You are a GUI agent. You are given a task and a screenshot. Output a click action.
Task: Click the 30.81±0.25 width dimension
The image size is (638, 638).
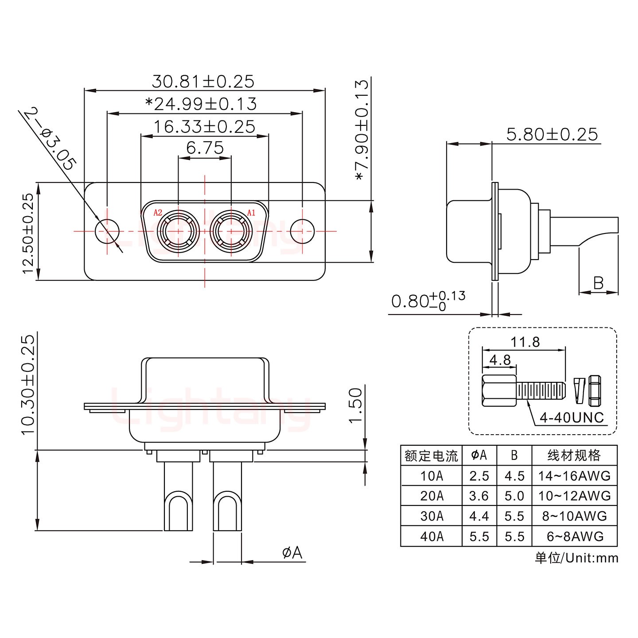203,82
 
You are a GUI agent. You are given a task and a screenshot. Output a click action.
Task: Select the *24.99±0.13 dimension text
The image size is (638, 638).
201,104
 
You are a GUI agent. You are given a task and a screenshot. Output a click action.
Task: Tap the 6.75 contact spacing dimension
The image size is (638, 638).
205,148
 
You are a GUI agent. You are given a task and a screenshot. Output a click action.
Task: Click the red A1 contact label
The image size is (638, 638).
251,213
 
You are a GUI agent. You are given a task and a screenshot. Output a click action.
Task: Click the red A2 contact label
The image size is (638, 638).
158,213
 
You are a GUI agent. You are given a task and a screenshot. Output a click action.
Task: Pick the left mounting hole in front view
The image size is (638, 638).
107,231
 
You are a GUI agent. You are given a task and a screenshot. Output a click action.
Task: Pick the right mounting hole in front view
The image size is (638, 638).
302,231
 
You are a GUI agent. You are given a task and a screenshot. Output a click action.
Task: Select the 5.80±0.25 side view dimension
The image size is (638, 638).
552,134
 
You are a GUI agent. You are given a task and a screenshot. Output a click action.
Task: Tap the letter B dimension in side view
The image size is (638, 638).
598,283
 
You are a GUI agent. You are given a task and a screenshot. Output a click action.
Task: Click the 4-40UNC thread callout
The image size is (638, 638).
572,417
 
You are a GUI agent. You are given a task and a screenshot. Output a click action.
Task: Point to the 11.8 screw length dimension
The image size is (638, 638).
525,342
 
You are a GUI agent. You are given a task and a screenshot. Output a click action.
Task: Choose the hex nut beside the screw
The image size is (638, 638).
595,391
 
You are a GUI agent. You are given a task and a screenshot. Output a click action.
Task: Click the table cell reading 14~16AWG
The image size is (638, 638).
574,476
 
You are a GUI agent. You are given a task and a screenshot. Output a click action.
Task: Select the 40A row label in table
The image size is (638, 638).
432,537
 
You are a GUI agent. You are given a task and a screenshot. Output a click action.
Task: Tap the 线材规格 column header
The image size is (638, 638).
574,455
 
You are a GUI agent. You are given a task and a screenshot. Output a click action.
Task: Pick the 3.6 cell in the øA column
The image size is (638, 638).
479,496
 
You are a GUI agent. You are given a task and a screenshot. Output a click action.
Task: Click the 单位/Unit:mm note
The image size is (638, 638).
576,558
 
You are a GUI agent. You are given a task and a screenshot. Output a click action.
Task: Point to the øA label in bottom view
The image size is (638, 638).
292,552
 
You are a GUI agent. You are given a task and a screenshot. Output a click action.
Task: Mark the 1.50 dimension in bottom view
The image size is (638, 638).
356,405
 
